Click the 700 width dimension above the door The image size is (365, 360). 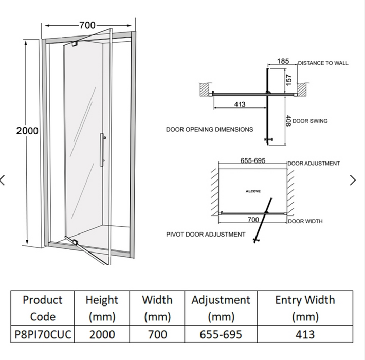point(87,25)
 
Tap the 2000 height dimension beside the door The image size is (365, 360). point(27,131)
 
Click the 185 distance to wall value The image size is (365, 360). point(283,61)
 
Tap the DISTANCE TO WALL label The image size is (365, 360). point(323,63)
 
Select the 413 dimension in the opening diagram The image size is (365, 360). point(240,104)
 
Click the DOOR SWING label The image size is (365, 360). point(310,121)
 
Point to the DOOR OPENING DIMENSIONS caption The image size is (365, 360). point(209,130)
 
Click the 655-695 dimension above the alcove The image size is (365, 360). point(253,160)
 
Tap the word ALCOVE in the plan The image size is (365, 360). point(252,191)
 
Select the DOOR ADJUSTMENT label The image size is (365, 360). point(314,164)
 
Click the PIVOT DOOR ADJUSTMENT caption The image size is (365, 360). point(206,235)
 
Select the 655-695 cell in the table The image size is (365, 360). point(221,334)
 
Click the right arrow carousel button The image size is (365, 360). point(353,180)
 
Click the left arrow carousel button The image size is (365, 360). point(3,180)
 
